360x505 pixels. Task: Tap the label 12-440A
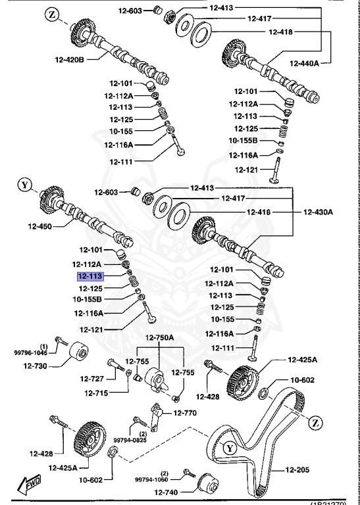pyautogui.click(x=304, y=63)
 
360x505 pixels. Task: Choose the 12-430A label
pyautogui.click(x=318, y=212)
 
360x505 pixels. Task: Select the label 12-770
pyautogui.click(x=185, y=413)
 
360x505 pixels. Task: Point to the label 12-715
pyautogui.click(x=96, y=393)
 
